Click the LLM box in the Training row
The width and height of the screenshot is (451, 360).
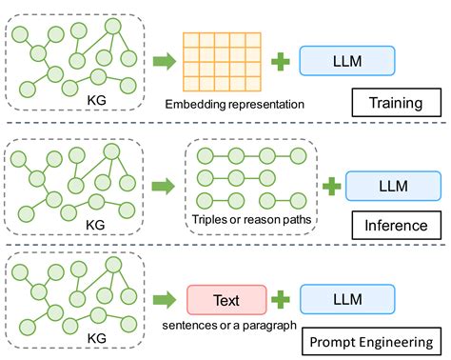[x=348, y=61]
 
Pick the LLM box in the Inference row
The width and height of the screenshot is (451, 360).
[x=393, y=185]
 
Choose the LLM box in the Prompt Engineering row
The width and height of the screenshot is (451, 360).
[x=348, y=299]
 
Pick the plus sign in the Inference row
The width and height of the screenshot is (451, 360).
[x=329, y=185]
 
